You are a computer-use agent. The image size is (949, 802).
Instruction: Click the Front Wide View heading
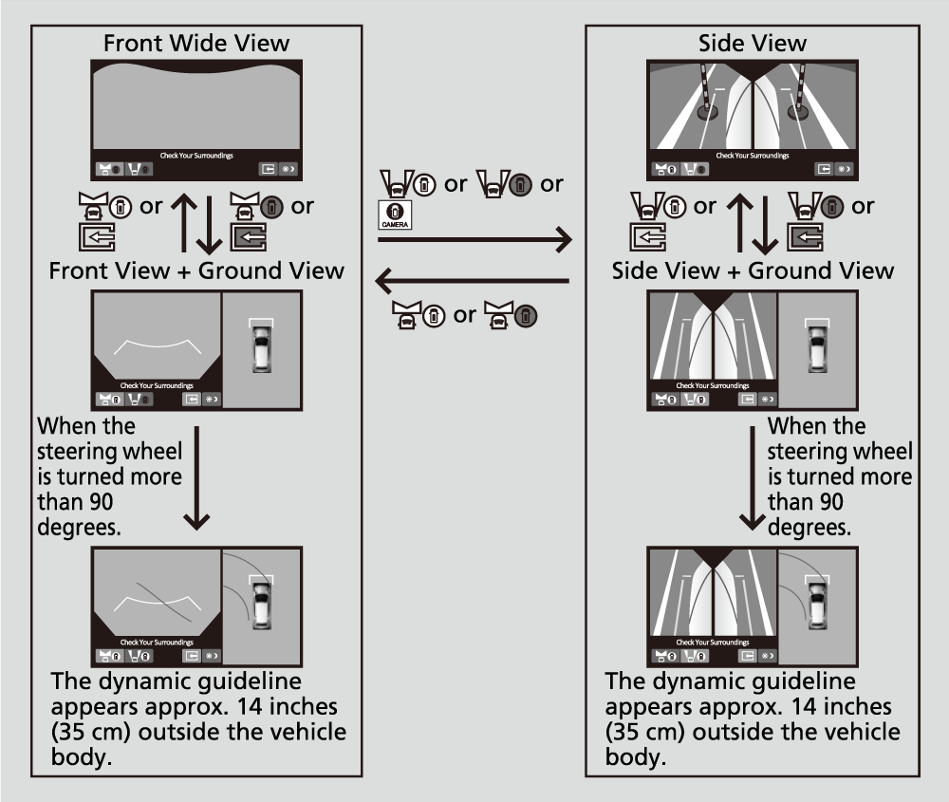click(196, 43)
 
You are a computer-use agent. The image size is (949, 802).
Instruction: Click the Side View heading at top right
click(753, 43)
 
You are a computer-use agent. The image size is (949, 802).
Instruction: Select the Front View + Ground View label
click(196, 270)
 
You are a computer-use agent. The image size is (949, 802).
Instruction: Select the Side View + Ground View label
click(753, 270)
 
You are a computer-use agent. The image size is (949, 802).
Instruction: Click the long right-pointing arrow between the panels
click(474, 240)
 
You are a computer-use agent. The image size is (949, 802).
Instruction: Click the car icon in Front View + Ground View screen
click(261, 346)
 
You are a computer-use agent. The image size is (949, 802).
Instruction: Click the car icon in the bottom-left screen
click(261, 600)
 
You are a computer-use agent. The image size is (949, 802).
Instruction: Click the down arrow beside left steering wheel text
click(196, 479)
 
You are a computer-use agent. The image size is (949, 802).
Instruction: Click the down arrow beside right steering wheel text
click(753, 479)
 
